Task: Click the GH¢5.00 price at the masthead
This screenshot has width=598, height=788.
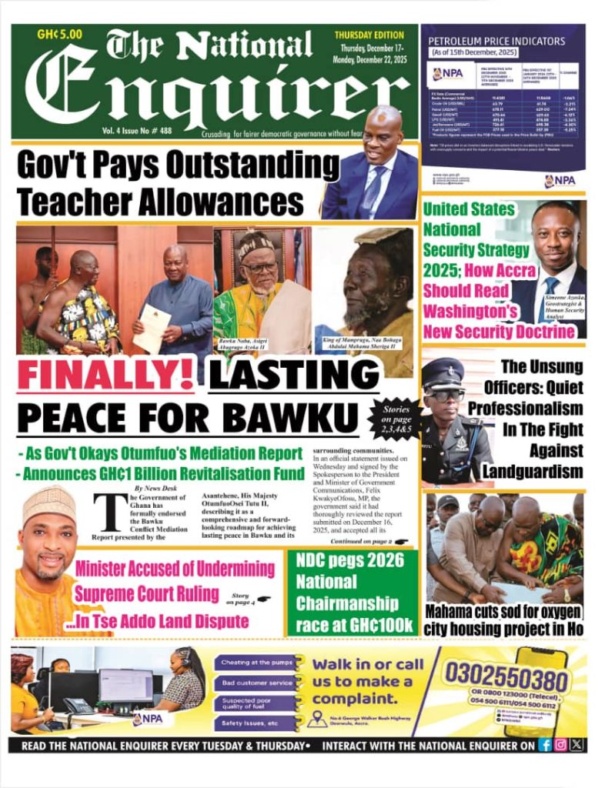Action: point(59,34)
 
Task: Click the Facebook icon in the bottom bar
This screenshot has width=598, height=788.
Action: point(545,745)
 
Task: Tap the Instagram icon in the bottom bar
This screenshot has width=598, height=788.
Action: point(561,745)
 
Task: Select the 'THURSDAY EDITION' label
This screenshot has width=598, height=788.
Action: point(369,35)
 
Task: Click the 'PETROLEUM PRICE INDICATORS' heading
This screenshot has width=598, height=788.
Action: point(496,42)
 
